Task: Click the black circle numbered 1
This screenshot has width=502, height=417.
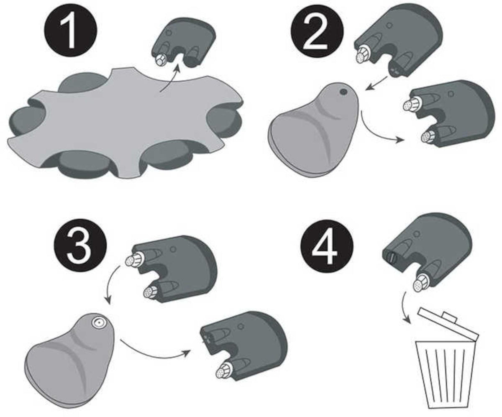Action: tap(71, 31)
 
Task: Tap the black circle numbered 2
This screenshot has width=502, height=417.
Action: tap(317, 31)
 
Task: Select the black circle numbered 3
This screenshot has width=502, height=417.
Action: tap(80, 245)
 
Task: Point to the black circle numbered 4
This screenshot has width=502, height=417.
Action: tap(327, 246)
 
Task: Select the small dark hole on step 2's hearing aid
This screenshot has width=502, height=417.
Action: tap(343, 92)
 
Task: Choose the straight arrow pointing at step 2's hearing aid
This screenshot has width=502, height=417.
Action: tap(376, 83)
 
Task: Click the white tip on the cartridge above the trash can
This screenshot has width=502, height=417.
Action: tap(419, 284)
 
